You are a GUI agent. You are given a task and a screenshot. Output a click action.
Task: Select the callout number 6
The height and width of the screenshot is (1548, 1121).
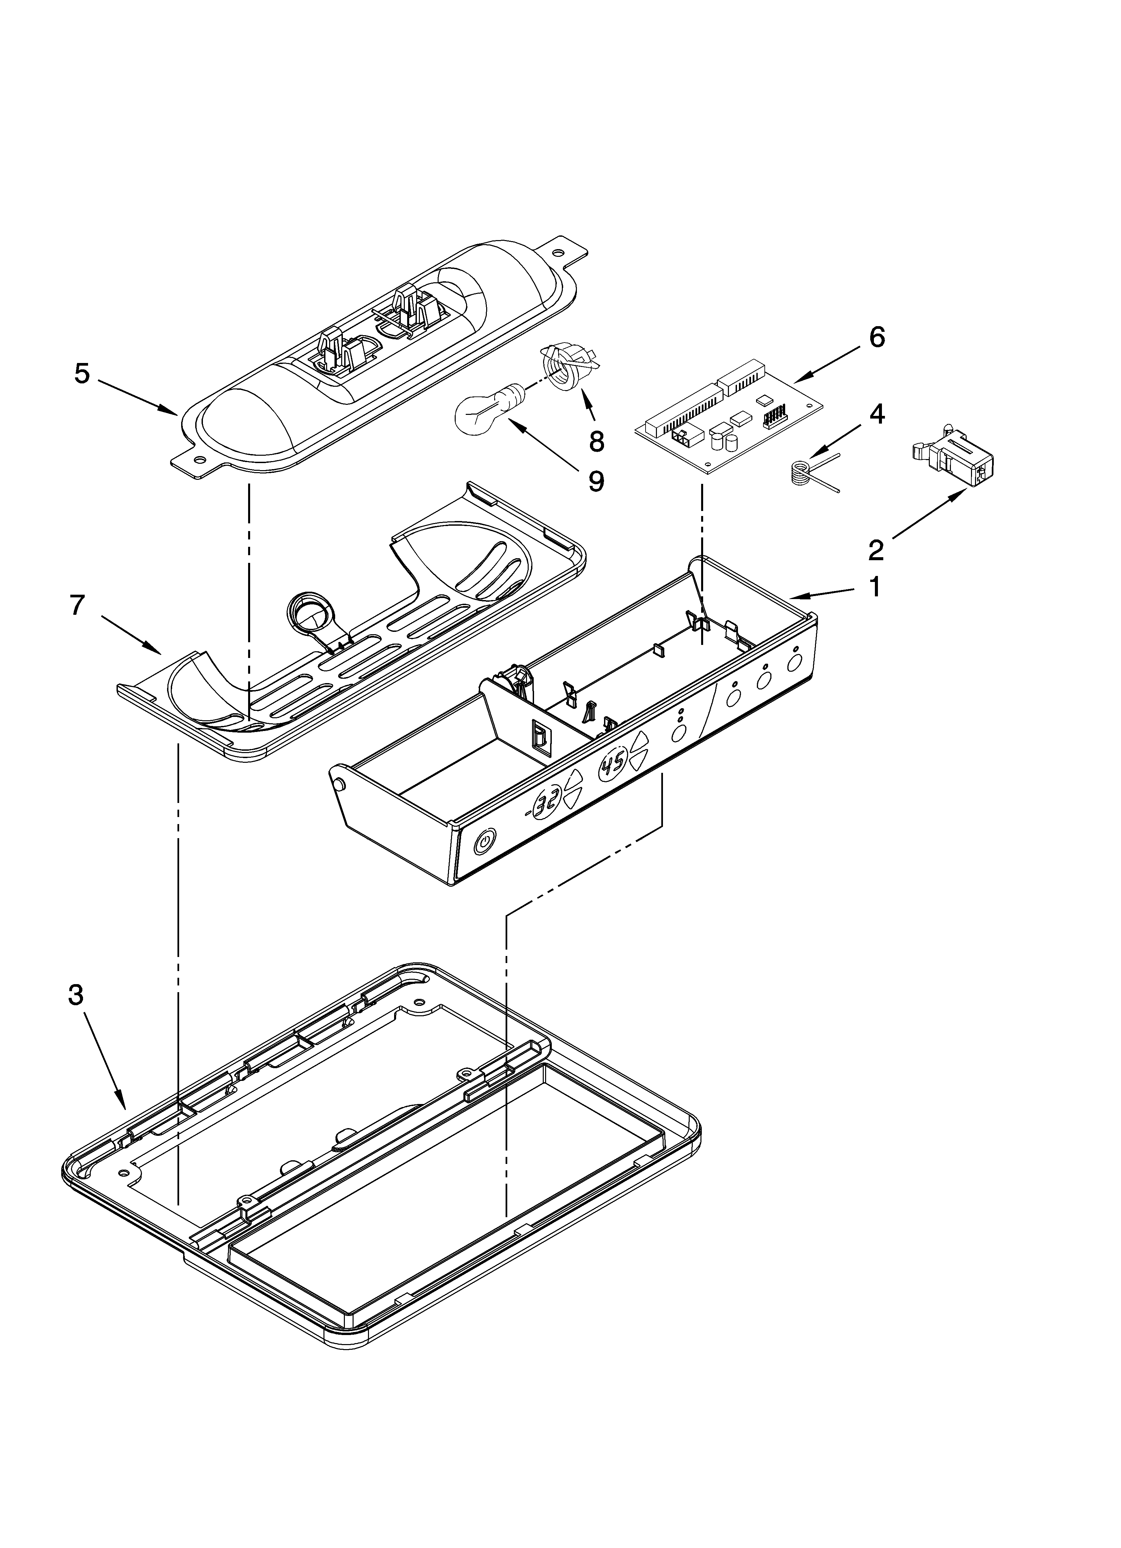pos(877,337)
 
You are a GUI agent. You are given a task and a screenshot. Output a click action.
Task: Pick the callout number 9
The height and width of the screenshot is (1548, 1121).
pos(596,482)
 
